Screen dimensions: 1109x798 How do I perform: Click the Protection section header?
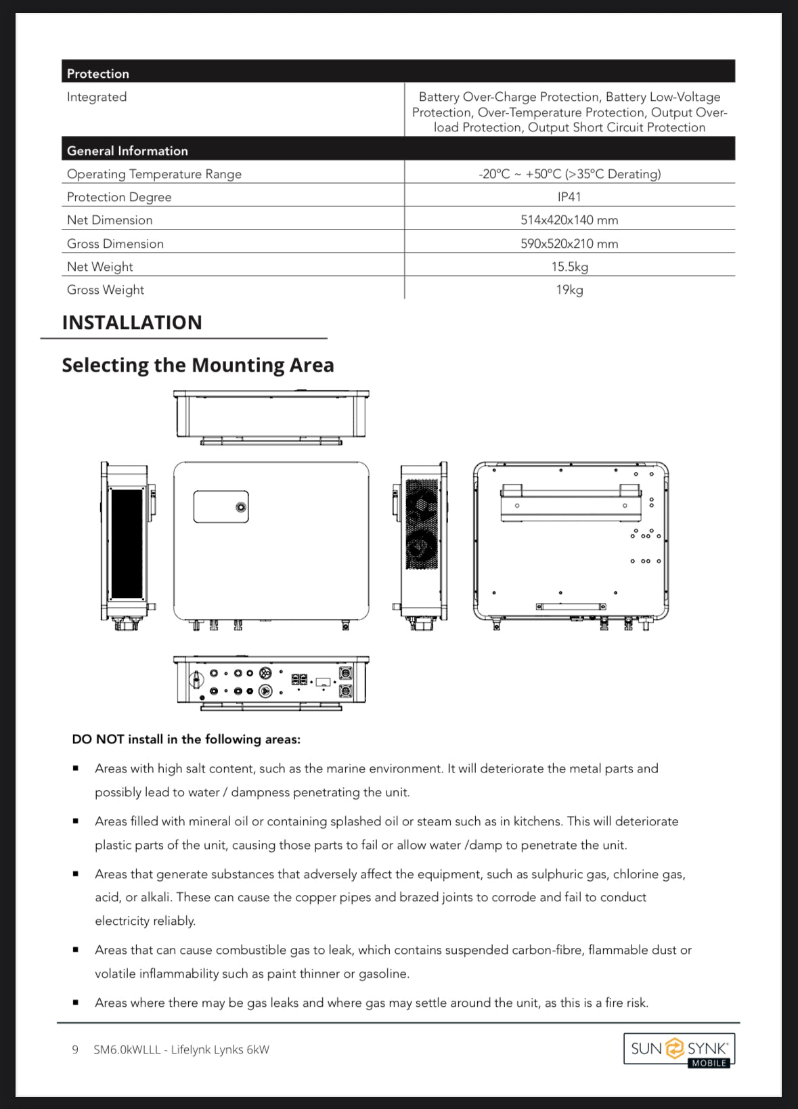coord(98,73)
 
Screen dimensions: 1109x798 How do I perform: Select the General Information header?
coord(127,150)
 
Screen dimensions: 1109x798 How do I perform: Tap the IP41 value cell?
coord(569,196)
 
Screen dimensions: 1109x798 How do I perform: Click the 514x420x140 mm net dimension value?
coord(569,220)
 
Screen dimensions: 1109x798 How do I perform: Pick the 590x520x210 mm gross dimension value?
coord(569,243)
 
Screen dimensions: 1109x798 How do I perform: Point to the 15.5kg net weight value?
coord(569,266)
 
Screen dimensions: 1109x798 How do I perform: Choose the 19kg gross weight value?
coord(569,289)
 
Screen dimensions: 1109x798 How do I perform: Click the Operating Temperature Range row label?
coord(154,174)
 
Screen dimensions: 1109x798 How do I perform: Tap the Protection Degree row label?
coord(119,197)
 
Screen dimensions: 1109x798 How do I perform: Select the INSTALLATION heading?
coord(132,322)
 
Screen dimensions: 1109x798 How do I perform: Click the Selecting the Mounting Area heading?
coord(198,365)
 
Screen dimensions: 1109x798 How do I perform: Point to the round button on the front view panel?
coord(241,507)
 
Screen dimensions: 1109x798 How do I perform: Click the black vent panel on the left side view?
coord(127,543)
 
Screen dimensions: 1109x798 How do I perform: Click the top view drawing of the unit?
coord(271,416)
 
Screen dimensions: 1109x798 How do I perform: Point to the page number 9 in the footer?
coord(75,1049)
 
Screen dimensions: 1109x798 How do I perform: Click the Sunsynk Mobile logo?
coord(679,1049)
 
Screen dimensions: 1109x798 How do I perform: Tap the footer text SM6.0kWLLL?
coord(127,1049)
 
